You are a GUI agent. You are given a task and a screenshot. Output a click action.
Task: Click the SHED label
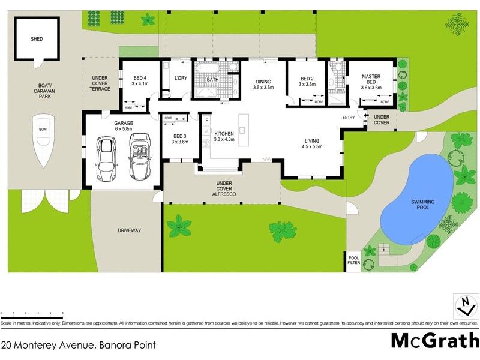37,40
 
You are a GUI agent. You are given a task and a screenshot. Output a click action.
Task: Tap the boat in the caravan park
43,139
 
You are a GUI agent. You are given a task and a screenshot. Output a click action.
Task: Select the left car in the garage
107,158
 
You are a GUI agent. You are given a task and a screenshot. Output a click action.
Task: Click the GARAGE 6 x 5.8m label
123,125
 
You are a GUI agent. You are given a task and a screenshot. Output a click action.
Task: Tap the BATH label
212,79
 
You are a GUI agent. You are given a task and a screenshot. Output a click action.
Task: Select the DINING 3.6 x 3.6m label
263,84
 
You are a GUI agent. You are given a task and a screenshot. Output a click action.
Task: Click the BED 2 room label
307,82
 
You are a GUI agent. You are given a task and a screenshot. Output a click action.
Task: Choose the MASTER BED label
371,81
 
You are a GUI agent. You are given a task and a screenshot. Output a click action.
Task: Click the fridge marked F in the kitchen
206,120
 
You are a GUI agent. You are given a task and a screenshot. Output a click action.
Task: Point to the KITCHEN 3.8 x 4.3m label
224,136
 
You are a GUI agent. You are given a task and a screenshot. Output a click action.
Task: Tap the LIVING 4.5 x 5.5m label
312,143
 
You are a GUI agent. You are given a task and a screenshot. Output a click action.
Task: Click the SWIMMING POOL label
422,205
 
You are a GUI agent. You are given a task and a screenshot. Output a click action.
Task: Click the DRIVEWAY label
128,230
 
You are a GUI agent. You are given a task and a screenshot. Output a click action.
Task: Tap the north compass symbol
463,306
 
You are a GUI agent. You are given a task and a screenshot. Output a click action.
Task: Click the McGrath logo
434,340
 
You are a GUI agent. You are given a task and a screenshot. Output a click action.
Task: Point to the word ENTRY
349,118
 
